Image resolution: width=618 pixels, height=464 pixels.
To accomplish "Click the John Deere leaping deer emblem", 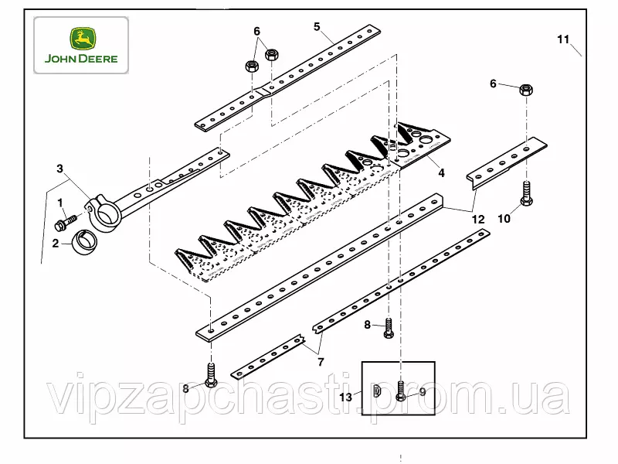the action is click(x=83, y=39).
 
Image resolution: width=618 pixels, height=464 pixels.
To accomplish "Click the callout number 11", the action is click(x=563, y=39).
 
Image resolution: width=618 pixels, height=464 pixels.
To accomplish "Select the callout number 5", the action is click(x=317, y=26).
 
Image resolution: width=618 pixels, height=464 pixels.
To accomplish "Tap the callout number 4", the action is click(x=441, y=172).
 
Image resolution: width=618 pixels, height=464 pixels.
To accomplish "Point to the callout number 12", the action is click(x=478, y=219).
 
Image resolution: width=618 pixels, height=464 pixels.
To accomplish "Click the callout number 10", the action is click(x=504, y=218).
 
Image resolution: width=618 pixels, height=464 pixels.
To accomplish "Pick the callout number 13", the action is click(x=345, y=397).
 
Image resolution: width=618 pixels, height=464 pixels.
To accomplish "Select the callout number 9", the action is click(x=423, y=392).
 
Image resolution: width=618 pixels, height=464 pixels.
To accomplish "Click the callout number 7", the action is click(x=321, y=362).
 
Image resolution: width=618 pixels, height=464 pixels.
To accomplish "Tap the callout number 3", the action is click(x=59, y=169).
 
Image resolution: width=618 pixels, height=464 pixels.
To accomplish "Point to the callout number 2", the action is click(x=55, y=243).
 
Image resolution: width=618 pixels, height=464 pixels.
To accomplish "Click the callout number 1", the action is click(x=60, y=203).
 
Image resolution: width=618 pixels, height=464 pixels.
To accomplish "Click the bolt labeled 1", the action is click(x=66, y=222).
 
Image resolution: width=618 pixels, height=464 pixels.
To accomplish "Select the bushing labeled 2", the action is click(x=85, y=241).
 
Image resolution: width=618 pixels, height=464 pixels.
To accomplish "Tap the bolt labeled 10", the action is click(x=526, y=193).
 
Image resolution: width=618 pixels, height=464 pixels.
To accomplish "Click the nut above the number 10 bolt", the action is click(x=526, y=90).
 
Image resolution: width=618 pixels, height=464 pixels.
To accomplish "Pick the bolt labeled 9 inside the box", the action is click(x=400, y=391).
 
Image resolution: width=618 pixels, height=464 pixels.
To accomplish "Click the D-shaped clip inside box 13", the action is click(x=376, y=391).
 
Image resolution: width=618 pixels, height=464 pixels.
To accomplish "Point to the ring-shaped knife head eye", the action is click(x=104, y=213).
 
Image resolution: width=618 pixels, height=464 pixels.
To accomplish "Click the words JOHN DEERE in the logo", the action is click(x=81, y=59).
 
